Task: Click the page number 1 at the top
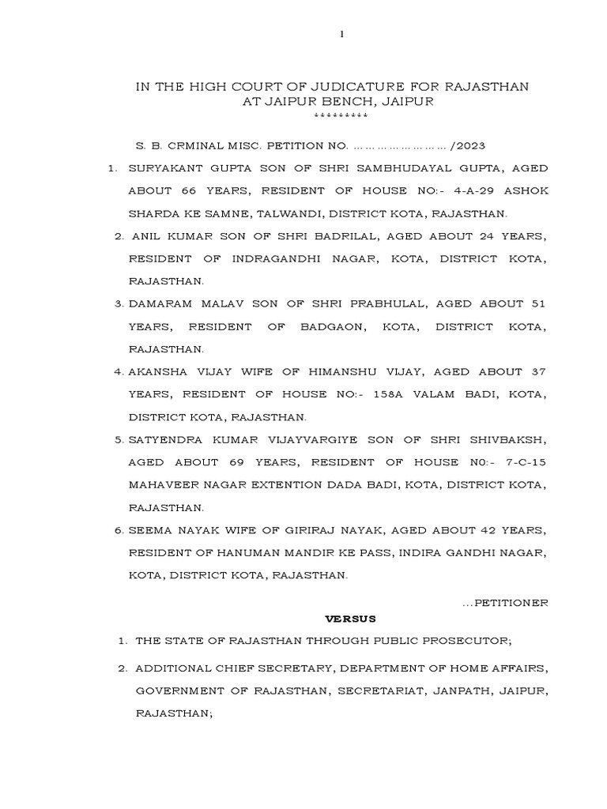[x=341, y=35]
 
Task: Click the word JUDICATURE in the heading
[x=333, y=85]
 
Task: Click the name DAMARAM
[x=162, y=304]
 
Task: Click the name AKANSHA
[x=160, y=372]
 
